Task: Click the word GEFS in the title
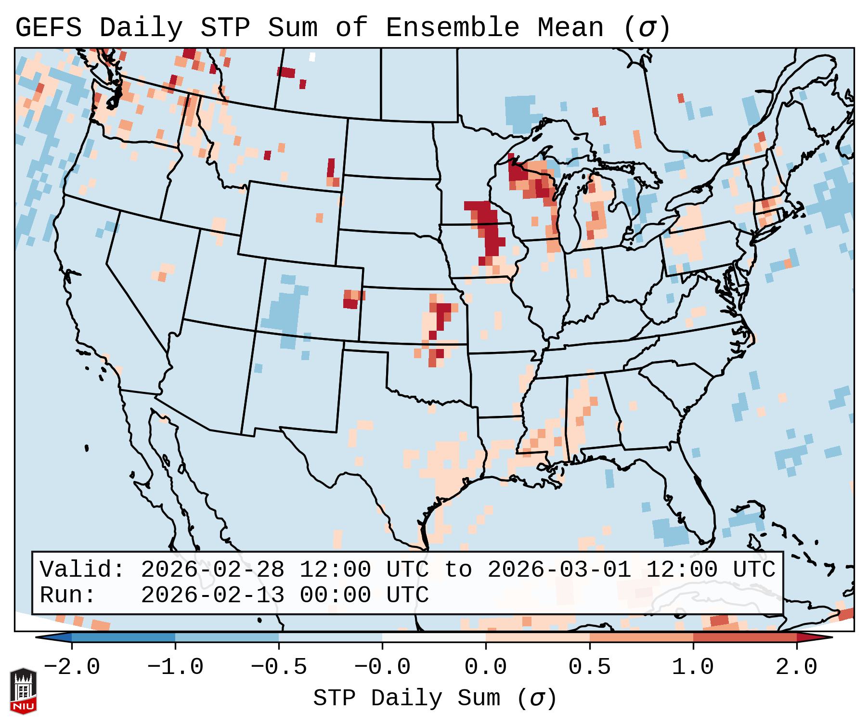coord(48,28)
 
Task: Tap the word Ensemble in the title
coord(452,28)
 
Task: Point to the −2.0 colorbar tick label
coord(72,667)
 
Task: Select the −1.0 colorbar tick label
coord(175,667)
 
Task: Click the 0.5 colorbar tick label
coord(589,667)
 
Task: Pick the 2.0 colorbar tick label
coord(796,667)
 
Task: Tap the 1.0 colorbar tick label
coord(693,667)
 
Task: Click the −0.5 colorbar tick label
coord(279,667)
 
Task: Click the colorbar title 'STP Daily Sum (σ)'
coord(435,698)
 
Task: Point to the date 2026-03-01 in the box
coord(559,570)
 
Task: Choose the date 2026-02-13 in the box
coord(212,595)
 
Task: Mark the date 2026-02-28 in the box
coord(212,570)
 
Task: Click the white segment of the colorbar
coord(434,637)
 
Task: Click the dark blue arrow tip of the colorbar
coord(54,637)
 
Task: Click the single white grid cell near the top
coord(312,57)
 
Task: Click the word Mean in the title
coord(570,28)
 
